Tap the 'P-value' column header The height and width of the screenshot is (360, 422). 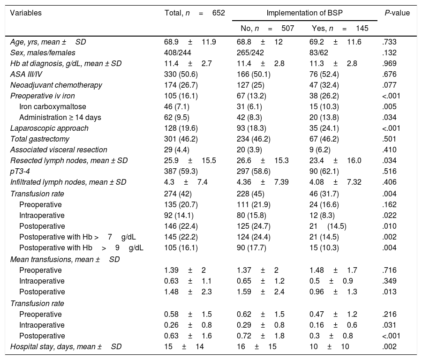point(396,13)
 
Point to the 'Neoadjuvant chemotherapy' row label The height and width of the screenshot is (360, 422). point(56,85)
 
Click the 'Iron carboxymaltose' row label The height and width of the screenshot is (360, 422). point(53,106)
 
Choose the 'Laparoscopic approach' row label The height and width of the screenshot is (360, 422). point(49,128)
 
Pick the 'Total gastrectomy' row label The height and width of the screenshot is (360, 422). point(41,139)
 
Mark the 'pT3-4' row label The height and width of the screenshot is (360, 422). point(20,171)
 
